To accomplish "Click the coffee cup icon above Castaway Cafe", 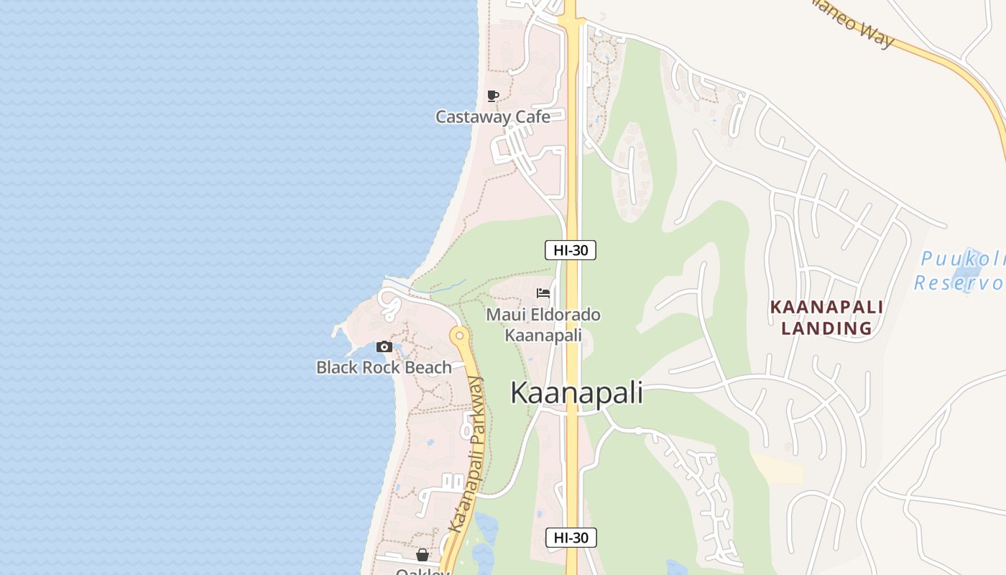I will pyautogui.click(x=492, y=96).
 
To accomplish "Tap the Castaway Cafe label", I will pyautogui.click(x=493, y=116).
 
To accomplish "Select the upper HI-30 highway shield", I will pyautogui.click(x=571, y=250).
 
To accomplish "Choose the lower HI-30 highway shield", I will pyautogui.click(x=571, y=538).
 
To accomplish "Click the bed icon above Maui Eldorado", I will pyautogui.click(x=543, y=293).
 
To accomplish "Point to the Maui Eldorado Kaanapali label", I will pyautogui.click(x=543, y=325).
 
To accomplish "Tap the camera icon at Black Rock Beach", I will pyautogui.click(x=384, y=347).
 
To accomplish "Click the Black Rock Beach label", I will pyautogui.click(x=384, y=367).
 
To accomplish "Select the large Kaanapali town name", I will pyautogui.click(x=576, y=393).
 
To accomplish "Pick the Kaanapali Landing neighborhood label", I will pyautogui.click(x=826, y=318).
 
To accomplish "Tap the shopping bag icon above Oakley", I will pyautogui.click(x=423, y=555).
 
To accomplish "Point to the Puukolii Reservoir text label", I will pyautogui.click(x=960, y=270).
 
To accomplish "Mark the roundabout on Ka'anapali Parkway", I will pyautogui.click(x=458, y=334).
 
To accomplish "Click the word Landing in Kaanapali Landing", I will pyautogui.click(x=826, y=328).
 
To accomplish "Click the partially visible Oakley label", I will pyautogui.click(x=423, y=571).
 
